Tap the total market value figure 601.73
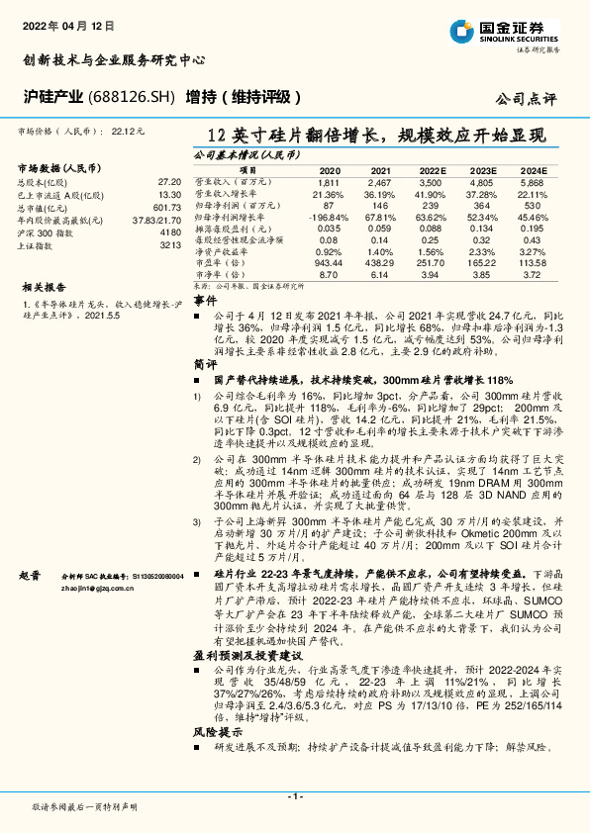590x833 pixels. tap(166, 207)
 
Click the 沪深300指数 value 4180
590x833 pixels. tap(170, 231)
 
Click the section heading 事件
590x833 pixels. tap(204, 299)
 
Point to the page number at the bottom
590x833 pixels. tap(294, 795)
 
